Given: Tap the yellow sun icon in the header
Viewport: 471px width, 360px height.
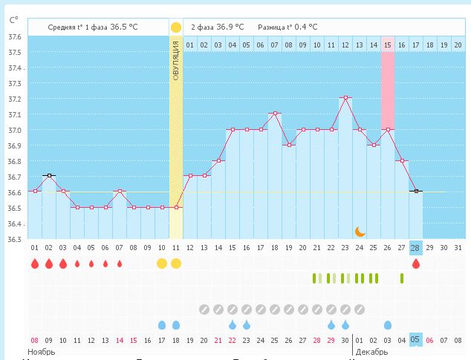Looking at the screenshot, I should coord(176,27).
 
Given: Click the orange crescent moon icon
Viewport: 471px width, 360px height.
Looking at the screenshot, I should coord(360,231).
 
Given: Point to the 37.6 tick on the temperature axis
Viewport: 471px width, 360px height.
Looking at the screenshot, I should coord(14,36).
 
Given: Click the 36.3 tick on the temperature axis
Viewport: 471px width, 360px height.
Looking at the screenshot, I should coord(14,239).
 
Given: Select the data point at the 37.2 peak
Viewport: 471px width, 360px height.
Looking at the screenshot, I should coord(345,98).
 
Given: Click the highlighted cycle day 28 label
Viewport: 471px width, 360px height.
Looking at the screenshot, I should coord(416,247).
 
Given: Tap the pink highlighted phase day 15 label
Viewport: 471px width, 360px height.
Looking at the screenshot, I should coord(388,45).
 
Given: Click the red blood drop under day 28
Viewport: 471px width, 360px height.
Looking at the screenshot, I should coord(416,264).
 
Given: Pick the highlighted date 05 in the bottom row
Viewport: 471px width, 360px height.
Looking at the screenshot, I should coord(416,340).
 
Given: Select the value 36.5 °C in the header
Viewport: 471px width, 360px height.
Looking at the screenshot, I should coord(123,27).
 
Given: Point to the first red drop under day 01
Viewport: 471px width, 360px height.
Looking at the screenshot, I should coord(34,264).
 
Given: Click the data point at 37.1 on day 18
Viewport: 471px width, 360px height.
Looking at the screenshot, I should coord(275,114).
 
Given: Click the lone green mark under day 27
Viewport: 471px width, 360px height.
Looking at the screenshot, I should coord(402,278).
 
